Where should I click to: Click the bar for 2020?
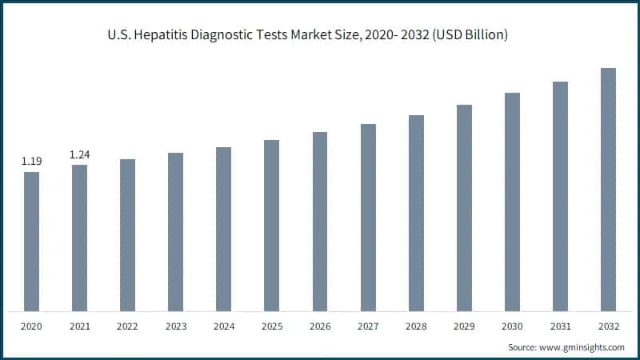point(31,241)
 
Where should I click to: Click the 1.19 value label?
point(31,162)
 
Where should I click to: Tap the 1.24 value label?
point(79,154)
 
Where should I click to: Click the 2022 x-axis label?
point(127,326)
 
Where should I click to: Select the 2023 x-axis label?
point(175,326)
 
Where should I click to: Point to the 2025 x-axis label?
point(272,326)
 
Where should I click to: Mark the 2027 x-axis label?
point(368,326)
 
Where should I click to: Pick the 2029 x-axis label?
point(464,326)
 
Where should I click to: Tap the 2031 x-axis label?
point(560,326)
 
